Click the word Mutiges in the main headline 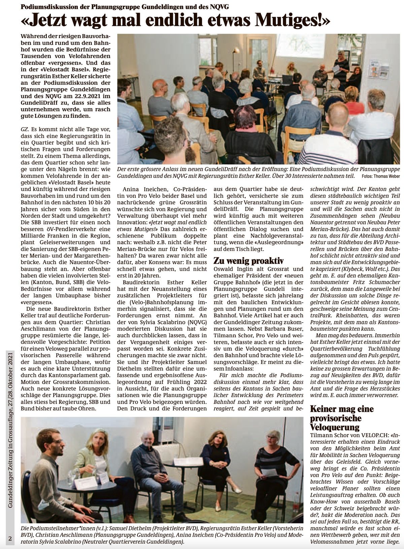point(290,21)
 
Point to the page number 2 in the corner point(10,539)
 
